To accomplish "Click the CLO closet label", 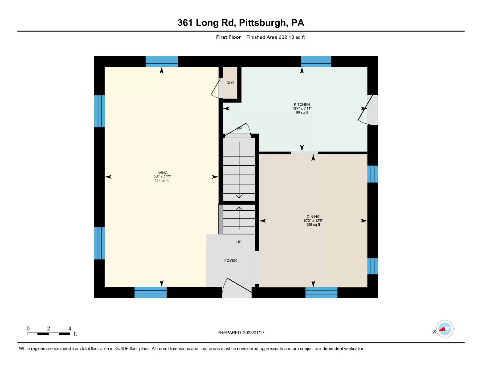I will [230, 83].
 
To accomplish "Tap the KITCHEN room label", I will [302, 104].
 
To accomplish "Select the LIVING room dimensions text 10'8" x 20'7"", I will [161, 177].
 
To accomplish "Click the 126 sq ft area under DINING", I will [313, 225].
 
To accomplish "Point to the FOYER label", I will [230, 260].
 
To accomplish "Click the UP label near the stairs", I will [239, 242].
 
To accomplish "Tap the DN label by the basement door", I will [239, 128].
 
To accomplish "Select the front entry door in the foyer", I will [236, 285].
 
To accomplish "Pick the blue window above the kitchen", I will [316, 61].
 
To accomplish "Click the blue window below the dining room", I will [321, 292].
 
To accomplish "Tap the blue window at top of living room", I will [161, 61].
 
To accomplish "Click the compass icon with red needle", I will [445, 329].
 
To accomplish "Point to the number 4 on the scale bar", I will [70, 329].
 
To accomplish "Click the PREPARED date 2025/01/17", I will [253, 333].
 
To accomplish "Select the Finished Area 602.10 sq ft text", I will [275, 37].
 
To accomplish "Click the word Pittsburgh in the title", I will [262, 23].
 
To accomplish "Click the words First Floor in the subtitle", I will [228, 37].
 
